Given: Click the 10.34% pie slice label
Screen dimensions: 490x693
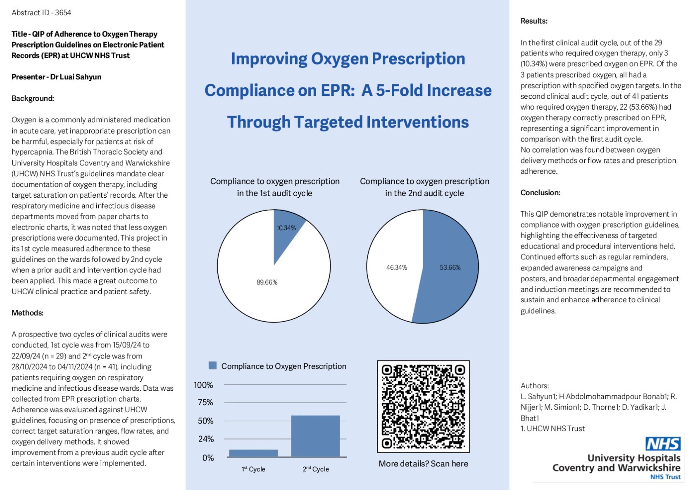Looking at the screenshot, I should coord(286,228).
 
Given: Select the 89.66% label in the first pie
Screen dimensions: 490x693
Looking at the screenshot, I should coord(267,282).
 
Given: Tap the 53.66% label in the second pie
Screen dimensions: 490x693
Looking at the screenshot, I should coord(450,268).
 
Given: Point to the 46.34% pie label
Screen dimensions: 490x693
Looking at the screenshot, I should coord(396,268).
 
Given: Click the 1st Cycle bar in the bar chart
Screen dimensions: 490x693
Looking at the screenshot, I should coord(253,453).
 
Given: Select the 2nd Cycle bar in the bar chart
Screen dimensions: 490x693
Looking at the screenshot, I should coord(315,436).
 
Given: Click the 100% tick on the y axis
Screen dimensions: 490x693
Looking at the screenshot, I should coord(203,385).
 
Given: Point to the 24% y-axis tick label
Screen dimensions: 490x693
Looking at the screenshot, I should coord(206,439).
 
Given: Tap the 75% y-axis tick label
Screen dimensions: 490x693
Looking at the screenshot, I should coord(205,402).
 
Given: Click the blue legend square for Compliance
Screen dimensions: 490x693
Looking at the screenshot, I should coord(212,366).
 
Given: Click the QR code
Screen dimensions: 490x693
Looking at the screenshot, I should coord(423,406).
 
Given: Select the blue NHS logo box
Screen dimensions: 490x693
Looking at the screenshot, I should coord(663,444).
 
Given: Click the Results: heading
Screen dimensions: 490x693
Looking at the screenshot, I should coord(534,21).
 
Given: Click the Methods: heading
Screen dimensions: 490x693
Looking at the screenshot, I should coord(27,313).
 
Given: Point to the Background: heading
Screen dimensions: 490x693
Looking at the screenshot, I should coord(33,98).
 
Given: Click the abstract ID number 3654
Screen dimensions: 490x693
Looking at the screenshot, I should coord(63,13).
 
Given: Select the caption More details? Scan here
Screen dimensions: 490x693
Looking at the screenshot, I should coord(423,464).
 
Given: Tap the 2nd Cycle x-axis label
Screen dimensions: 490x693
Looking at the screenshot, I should coord(316,469).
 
